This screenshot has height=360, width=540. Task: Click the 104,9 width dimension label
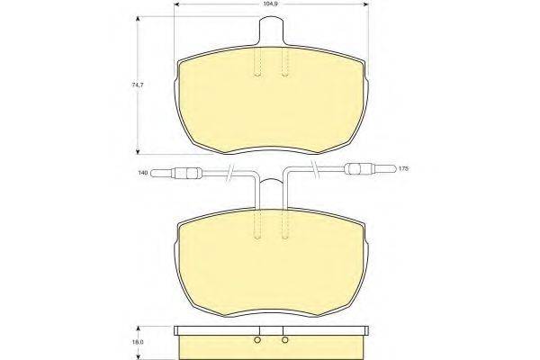pyautogui.click(x=272, y=4)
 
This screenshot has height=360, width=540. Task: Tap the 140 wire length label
pyautogui.click(x=143, y=172)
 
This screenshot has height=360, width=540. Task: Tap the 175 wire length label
pyautogui.click(x=403, y=169)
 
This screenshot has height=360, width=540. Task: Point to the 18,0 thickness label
pyautogui.click(x=138, y=342)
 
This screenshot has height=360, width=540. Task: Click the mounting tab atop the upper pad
pyautogui.click(x=271, y=31)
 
